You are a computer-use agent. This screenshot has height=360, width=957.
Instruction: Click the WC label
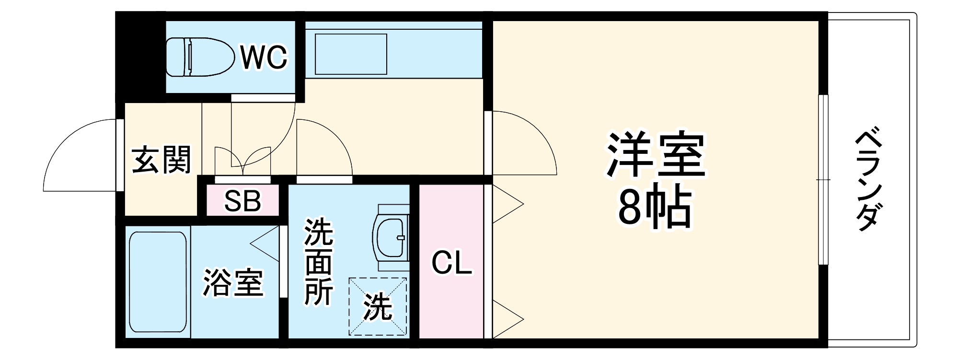click(x=264, y=58)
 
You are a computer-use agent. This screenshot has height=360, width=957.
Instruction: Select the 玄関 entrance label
click(x=161, y=159)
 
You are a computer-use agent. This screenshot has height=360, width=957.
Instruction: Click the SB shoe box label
click(x=243, y=201)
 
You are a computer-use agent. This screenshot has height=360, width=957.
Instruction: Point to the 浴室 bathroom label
click(x=233, y=283)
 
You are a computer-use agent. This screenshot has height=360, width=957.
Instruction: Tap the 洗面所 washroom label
click(x=319, y=261)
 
